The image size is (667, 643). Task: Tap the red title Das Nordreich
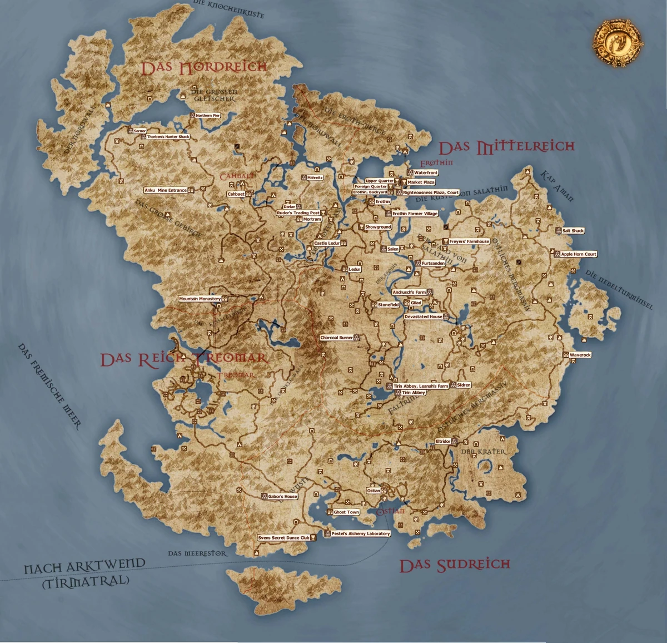[203, 68]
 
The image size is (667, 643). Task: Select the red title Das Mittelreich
[506, 147]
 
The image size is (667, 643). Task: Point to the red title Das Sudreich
[455, 566]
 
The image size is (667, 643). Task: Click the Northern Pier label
[208, 116]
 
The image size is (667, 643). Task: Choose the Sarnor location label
[140, 131]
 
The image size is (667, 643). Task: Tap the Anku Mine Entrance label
[166, 190]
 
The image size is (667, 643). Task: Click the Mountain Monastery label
[200, 299]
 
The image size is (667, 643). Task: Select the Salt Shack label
[573, 230]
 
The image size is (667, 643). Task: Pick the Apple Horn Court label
[579, 254]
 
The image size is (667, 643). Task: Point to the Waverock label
[580, 354]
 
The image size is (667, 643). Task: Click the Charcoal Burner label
[336, 338]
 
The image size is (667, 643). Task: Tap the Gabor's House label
[282, 496]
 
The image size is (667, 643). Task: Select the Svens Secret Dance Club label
[283, 538]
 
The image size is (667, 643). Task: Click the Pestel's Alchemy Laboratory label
[361, 533]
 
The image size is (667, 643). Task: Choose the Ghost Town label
[346, 512]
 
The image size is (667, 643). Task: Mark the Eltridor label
[443, 441]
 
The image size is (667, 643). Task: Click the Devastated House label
[424, 316]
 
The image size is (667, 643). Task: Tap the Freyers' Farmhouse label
[469, 241]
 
